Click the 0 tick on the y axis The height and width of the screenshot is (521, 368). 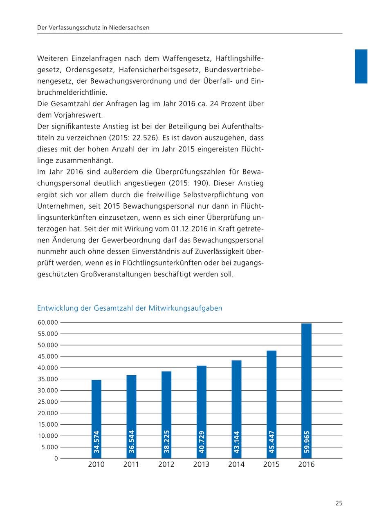[x=56, y=459]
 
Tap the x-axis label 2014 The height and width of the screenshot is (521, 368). [x=236, y=465]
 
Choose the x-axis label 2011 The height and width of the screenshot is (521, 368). [x=131, y=465]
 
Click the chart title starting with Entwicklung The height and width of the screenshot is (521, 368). [x=130, y=308]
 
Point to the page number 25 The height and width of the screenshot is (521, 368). [x=339, y=503]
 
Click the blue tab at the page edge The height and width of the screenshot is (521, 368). [x=361, y=66]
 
